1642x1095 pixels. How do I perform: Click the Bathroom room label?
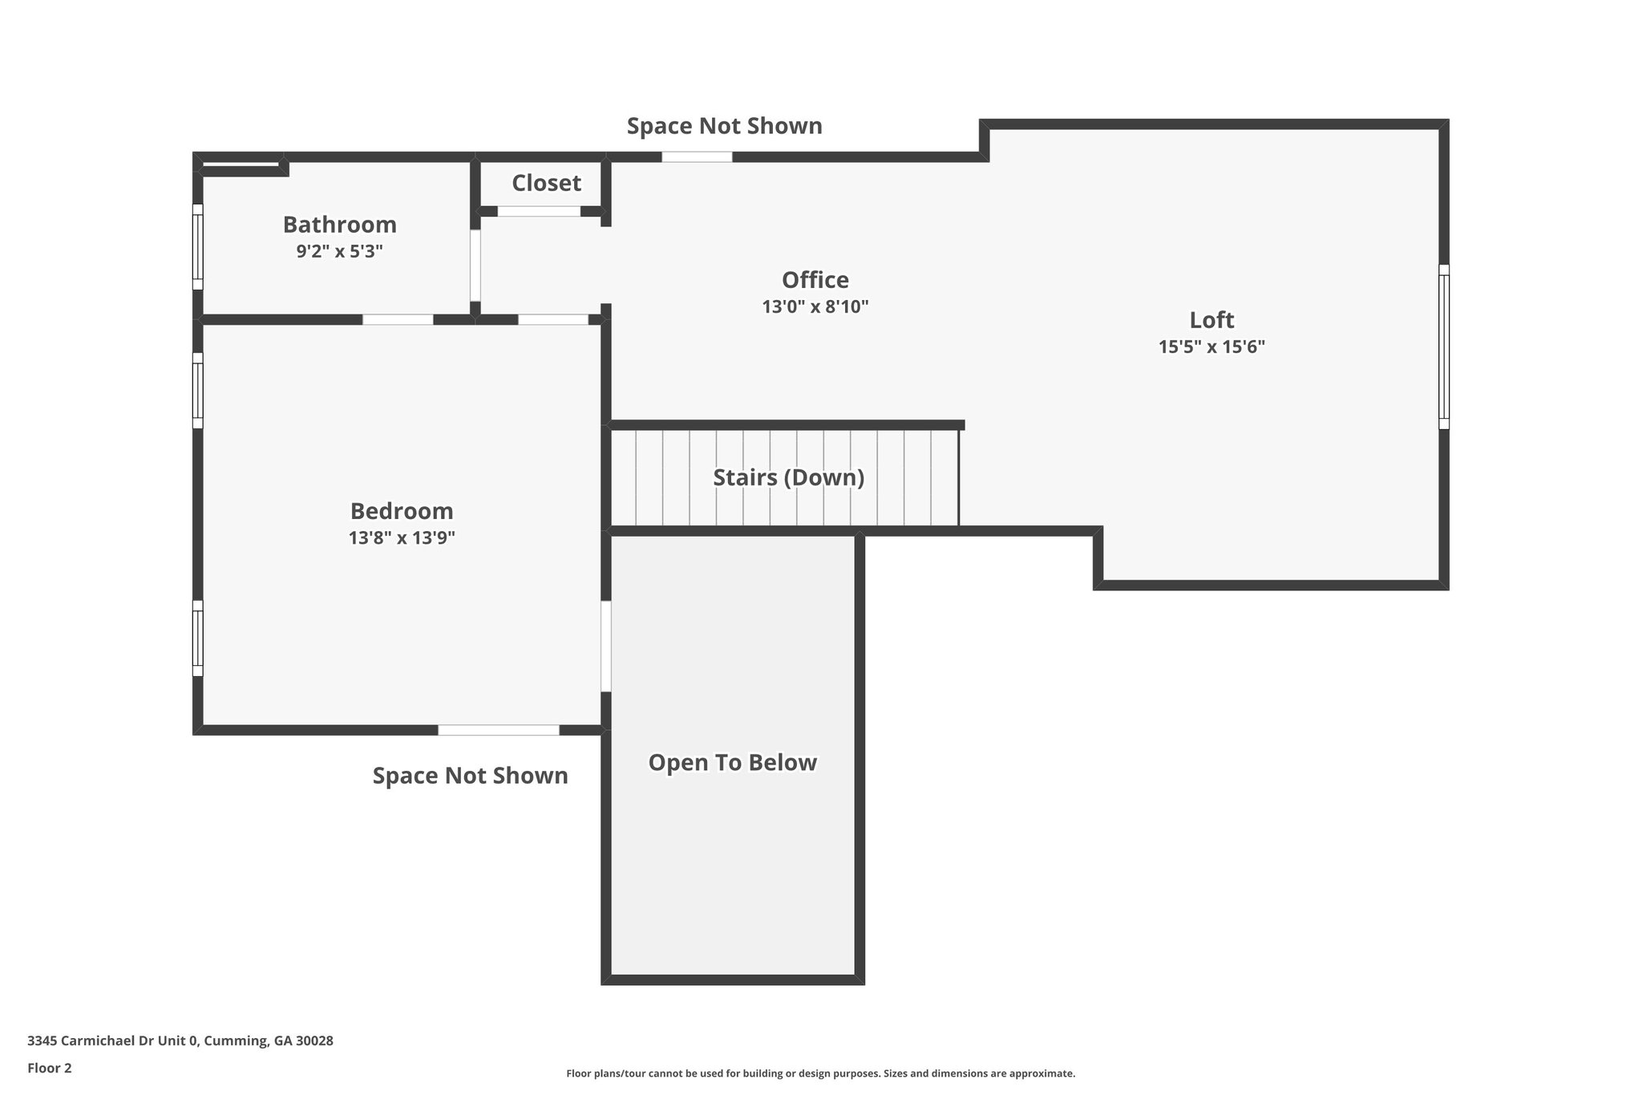click(x=339, y=224)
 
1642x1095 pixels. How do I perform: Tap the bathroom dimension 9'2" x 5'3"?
click(x=339, y=251)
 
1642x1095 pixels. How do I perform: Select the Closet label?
click(x=546, y=183)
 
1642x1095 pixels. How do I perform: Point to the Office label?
click(x=815, y=279)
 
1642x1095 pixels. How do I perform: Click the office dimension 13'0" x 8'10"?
click(x=815, y=306)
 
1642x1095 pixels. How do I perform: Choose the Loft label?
click(x=1211, y=319)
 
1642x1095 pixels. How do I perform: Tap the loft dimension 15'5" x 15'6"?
click(x=1211, y=347)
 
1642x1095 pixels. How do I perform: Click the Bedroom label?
click(x=401, y=510)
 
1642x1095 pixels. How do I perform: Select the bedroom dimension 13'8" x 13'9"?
click(x=401, y=537)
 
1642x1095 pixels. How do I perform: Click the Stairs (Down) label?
click(x=788, y=477)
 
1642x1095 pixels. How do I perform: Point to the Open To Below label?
click(x=732, y=762)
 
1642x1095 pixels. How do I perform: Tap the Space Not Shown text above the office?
click(x=724, y=126)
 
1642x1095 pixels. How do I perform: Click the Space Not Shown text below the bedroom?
click(x=470, y=775)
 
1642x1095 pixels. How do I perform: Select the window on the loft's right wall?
click(x=1443, y=347)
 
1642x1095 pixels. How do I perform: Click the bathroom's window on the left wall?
click(x=197, y=246)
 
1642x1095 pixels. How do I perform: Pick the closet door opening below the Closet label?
click(x=539, y=211)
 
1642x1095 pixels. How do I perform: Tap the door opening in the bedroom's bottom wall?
click(x=498, y=730)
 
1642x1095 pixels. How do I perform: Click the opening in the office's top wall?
click(x=696, y=157)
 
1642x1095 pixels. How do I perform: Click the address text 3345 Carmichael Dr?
click(x=180, y=1040)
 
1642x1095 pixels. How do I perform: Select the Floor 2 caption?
click(x=49, y=1068)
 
